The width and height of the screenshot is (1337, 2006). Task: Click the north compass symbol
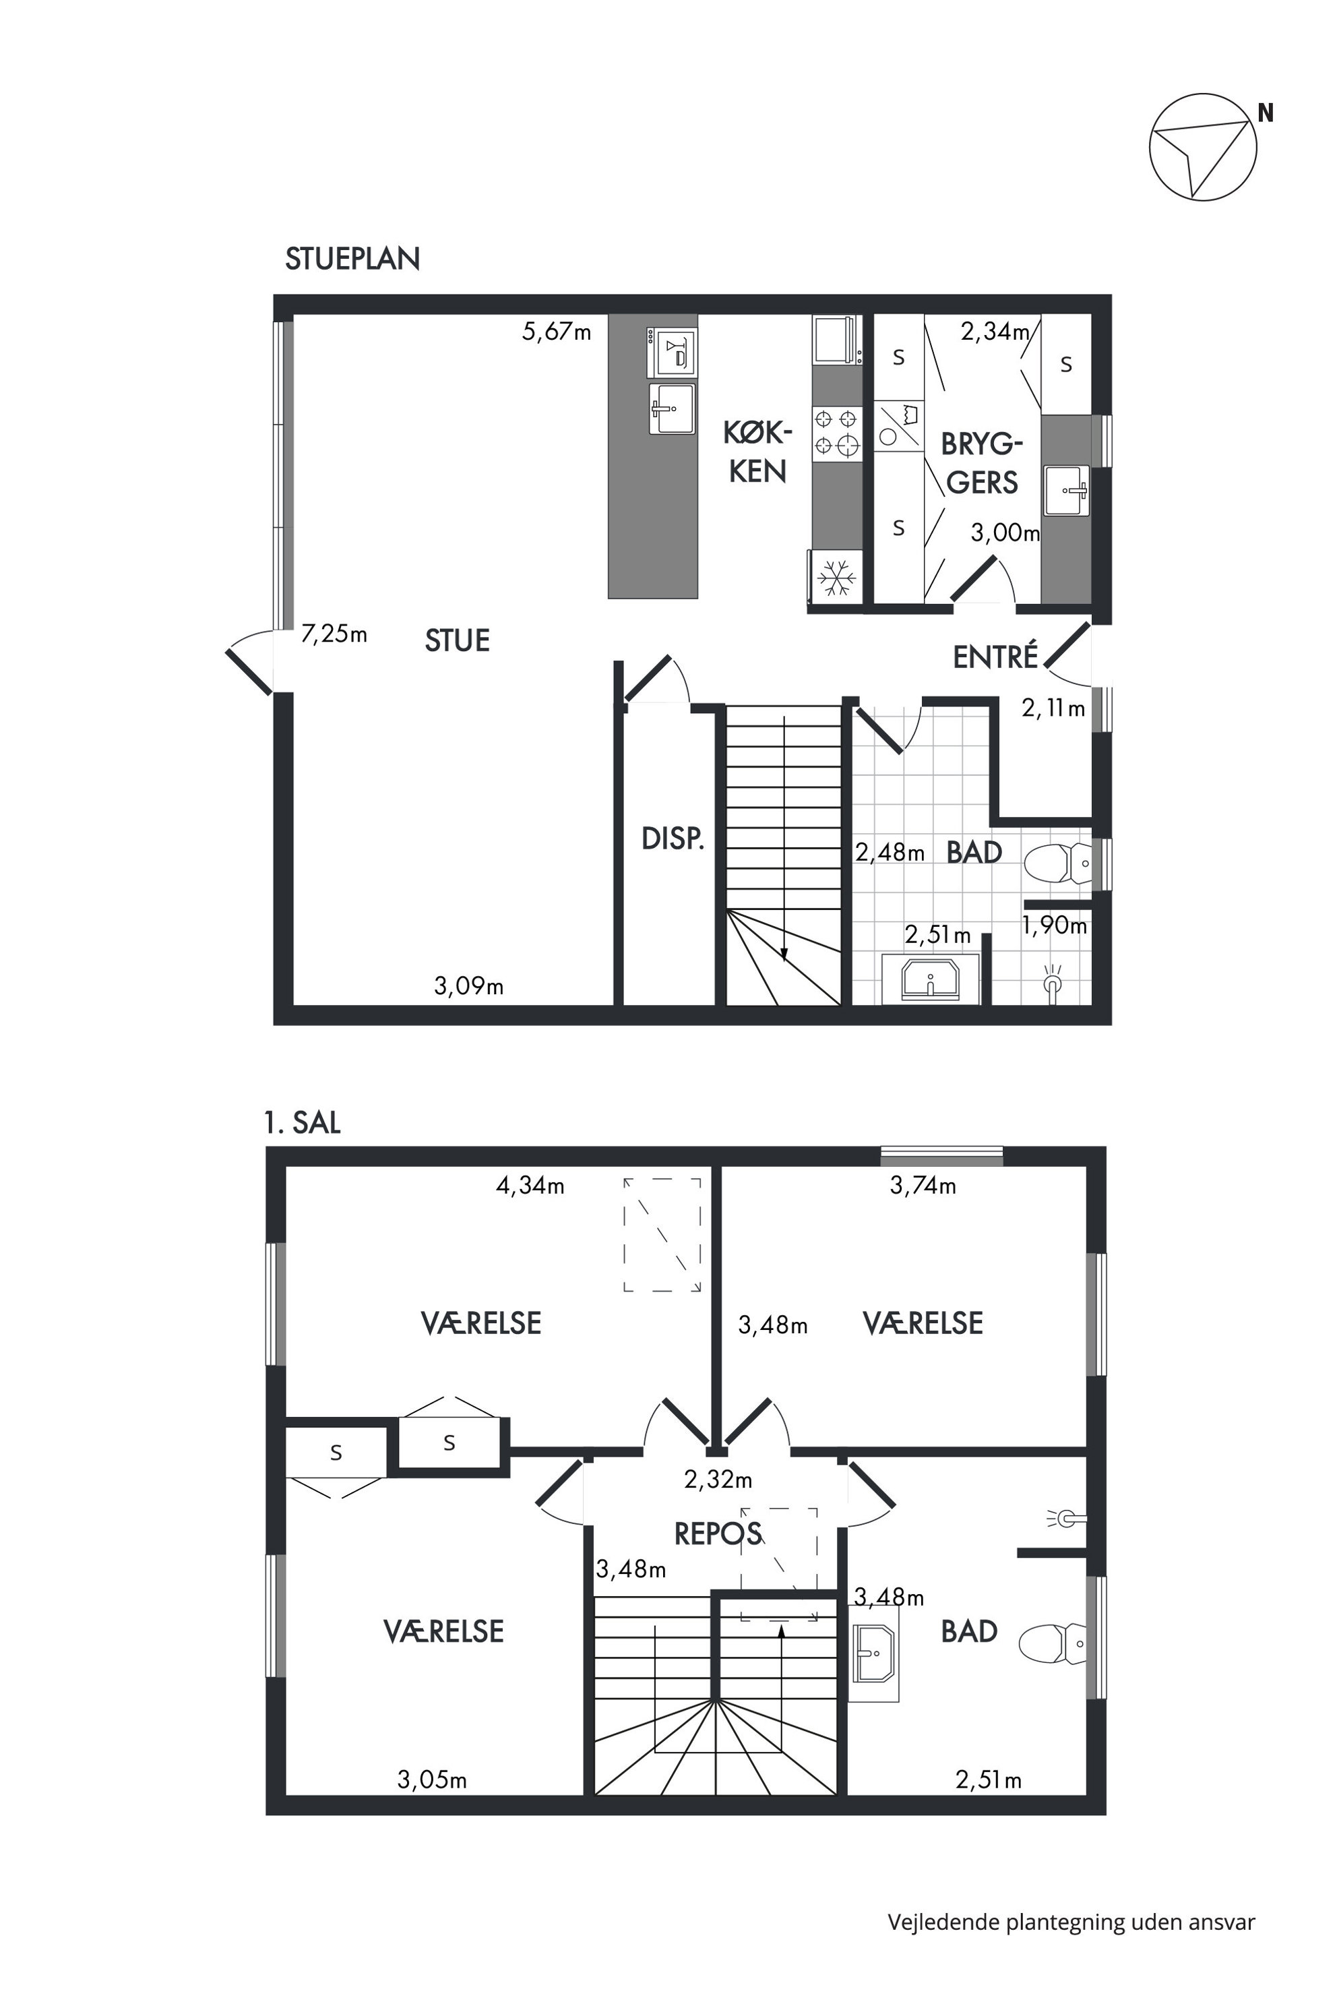1202,148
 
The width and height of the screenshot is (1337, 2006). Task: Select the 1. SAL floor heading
303,1122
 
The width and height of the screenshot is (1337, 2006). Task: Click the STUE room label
457,640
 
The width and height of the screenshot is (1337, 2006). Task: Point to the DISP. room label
673,839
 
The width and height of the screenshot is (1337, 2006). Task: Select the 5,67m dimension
556,331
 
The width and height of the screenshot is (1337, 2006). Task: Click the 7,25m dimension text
334,634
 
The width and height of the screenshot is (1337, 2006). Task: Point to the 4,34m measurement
530,1186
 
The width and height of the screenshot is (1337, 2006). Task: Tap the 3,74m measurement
923,1186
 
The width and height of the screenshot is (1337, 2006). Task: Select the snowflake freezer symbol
836,578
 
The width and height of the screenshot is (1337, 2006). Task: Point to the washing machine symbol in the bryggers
899,425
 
